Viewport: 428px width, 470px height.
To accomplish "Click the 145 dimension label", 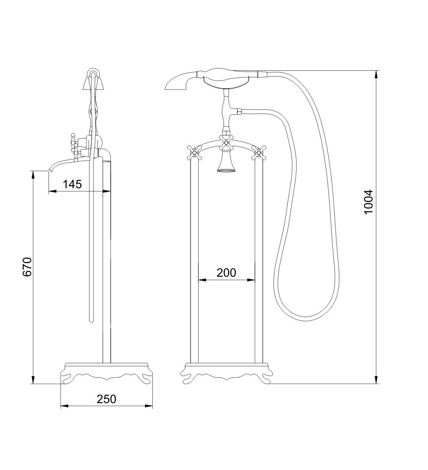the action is point(72,184).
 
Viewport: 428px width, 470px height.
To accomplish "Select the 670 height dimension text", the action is point(27,267).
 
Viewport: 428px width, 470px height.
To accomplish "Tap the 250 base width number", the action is point(106,399).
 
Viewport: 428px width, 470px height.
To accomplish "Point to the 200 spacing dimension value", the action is point(226,272).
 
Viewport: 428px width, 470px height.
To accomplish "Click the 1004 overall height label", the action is point(368,201).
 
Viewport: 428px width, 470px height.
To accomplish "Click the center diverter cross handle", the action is point(226,143).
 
